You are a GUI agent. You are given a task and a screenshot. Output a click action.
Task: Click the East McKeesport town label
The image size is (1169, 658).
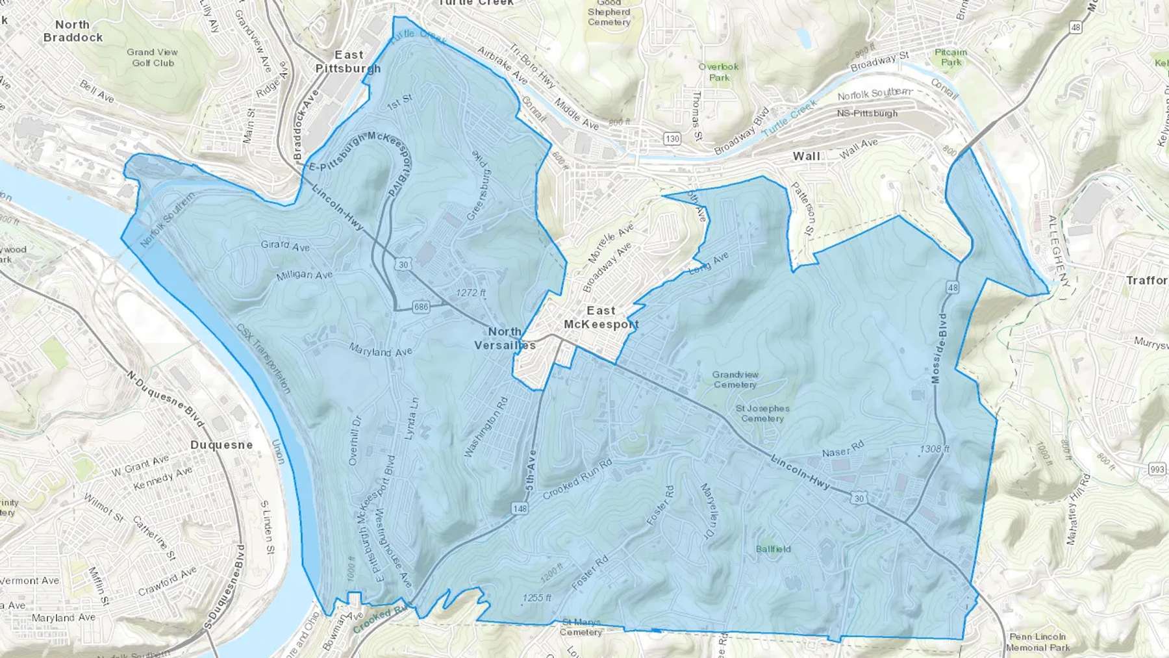(x=601, y=317)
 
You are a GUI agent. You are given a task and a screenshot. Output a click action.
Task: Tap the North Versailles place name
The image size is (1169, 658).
(x=505, y=338)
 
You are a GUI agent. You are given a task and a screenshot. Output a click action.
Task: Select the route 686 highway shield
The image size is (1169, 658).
(x=421, y=307)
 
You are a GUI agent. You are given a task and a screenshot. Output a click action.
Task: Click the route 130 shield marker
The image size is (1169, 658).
(x=672, y=138)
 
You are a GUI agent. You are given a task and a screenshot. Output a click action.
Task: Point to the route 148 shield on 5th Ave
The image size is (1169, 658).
(x=520, y=509)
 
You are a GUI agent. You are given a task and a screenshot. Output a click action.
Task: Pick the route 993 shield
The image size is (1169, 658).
(x=1157, y=469)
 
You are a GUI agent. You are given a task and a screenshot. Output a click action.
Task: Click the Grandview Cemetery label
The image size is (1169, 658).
(x=735, y=379)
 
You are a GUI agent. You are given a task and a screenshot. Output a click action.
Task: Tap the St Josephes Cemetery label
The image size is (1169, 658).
(x=762, y=413)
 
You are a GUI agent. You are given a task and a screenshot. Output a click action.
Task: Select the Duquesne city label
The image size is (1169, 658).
(x=221, y=445)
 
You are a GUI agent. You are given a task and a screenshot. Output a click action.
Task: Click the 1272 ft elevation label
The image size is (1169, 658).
(x=471, y=293)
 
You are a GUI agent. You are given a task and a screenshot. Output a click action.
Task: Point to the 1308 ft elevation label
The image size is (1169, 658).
(x=935, y=449)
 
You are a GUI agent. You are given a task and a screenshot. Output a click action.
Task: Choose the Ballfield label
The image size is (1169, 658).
(x=773, y=549)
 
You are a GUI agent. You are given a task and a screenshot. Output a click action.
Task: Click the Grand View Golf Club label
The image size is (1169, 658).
(x=153, y=57)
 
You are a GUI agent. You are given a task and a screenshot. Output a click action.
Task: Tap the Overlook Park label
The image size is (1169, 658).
(x=719, y=71)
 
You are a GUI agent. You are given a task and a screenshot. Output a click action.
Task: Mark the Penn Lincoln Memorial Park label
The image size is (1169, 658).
(x=1037, y=642)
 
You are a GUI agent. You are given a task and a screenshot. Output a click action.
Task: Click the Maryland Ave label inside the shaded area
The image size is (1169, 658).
(x=381, y=351)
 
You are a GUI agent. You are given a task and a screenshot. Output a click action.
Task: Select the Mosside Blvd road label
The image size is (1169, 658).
(x=939, y=348)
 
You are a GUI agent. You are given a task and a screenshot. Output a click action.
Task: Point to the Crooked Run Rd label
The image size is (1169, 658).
(x=577, y=479)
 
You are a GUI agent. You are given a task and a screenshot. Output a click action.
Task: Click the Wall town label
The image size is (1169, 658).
(x=806, y=156)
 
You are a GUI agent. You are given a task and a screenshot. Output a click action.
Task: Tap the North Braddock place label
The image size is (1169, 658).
(x=73, y=31)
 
